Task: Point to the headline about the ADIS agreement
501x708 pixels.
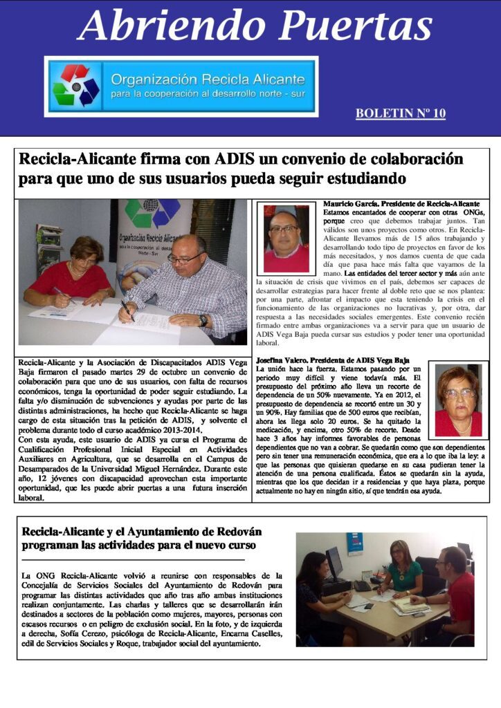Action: pos(241,168)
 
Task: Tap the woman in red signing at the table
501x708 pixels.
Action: pos(68,273)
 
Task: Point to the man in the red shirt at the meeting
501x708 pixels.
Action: pos(457,588)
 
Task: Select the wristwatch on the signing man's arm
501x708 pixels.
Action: pos(202,320)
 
